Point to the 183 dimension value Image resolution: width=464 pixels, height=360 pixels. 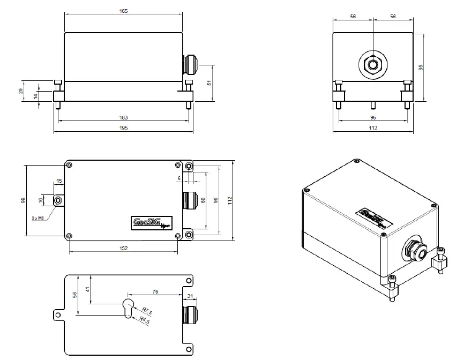[x=124, y=117]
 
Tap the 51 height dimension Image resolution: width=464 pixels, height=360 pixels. [x=208, y=83]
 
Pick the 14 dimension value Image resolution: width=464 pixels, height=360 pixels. [x=35, y=95]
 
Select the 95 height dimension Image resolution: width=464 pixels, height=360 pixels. [x=421, y=67]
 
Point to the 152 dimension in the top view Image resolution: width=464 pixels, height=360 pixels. [x=123, y=248]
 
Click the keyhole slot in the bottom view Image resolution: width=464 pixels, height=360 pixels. [x=128, y=308]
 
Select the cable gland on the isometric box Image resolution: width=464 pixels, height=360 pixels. [x=415, y=251]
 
